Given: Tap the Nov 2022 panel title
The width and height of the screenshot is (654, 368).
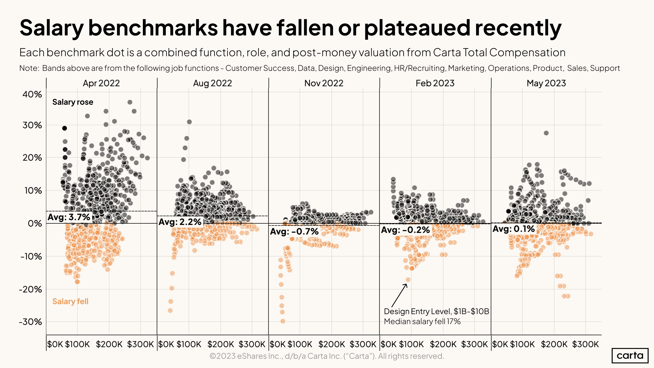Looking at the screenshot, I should point(324,83).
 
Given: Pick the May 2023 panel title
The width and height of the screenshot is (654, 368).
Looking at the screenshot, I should point(546,83).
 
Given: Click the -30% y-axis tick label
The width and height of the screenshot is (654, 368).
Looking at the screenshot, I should point(30,322).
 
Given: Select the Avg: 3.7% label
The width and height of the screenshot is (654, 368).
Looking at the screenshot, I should point(69,217).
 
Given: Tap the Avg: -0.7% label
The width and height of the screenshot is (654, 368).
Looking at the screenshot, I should point(294,231).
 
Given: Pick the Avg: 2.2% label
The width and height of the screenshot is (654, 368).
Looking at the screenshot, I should point(180,222).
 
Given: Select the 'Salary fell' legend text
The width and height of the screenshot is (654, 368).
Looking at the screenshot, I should point(70,301).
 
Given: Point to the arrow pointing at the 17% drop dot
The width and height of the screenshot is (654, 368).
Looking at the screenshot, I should point(400,295).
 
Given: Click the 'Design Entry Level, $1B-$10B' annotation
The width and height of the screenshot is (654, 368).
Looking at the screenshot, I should point(436,311).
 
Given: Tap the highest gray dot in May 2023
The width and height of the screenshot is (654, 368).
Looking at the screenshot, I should point(546,133).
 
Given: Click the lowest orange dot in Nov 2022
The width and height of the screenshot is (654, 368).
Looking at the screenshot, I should point(283,321).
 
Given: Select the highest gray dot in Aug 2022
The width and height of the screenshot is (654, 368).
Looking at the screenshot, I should point(189,122).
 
